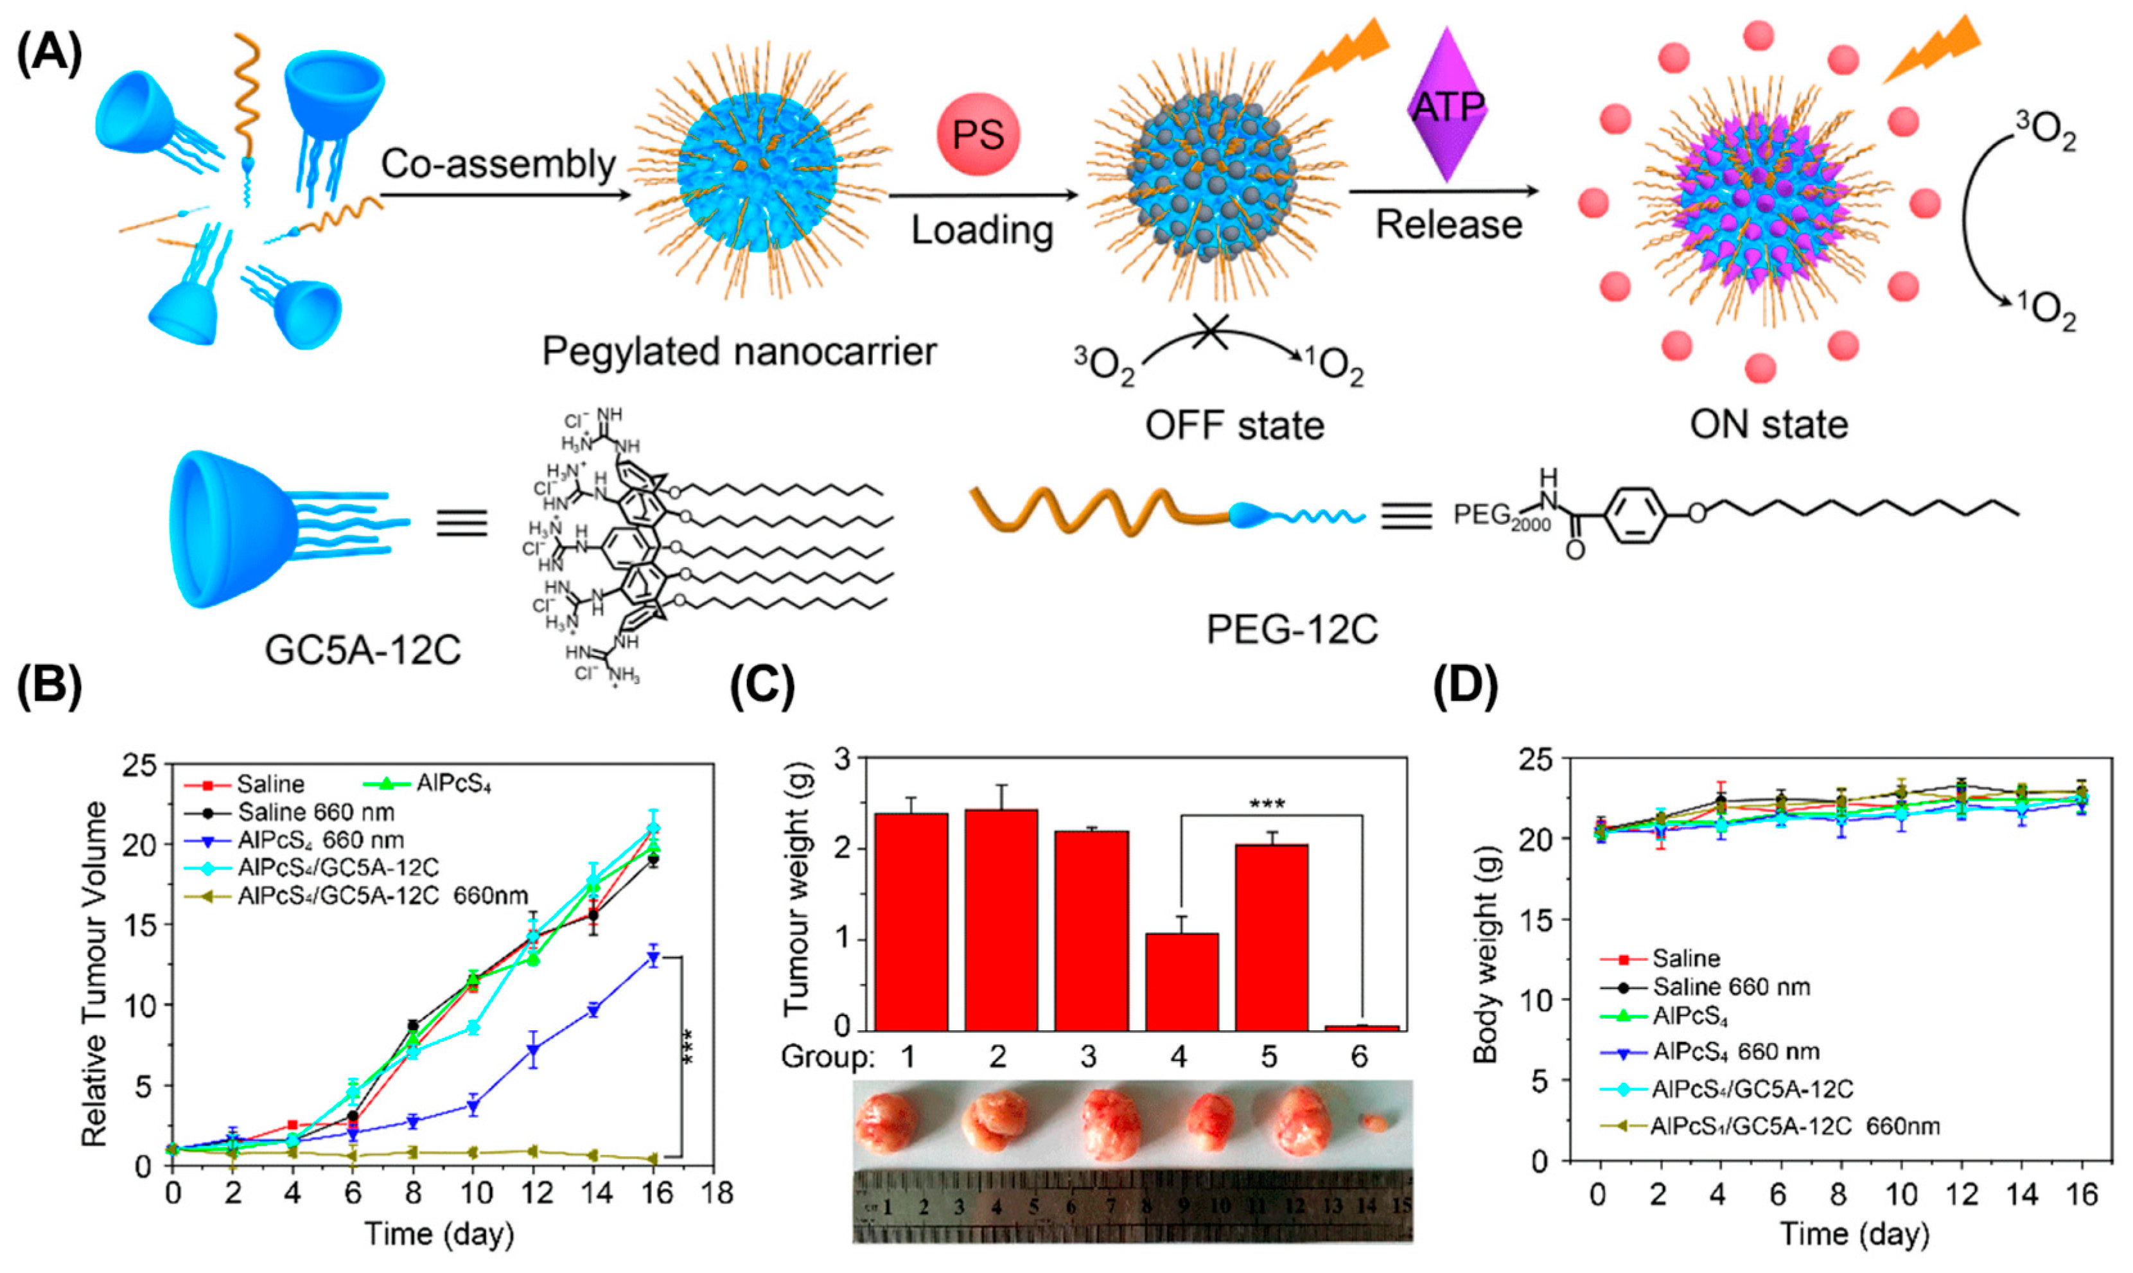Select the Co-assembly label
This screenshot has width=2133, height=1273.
[498, 163]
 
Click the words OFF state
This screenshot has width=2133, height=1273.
[1234, 425]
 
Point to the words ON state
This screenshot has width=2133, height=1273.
[1768, 424]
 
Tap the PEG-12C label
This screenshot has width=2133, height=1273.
[1292, 629]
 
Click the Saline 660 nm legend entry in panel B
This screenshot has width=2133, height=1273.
[315, 811]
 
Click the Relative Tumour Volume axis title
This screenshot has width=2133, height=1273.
[94, 974]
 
